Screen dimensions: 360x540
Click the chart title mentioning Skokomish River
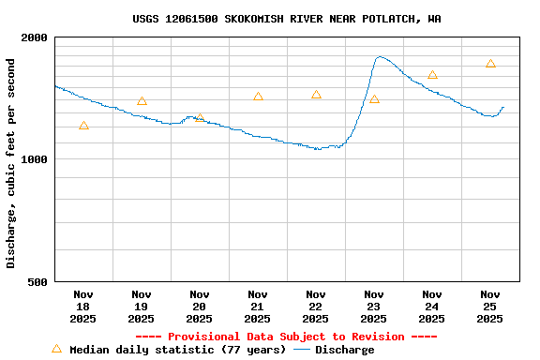tap(286, 19)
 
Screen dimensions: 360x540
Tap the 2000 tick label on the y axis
tap(35, 37)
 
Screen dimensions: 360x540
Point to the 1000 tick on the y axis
tap(35, 159)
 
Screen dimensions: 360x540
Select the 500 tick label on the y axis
tap(37, 281)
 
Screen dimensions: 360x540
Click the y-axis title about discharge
tap(11, 163)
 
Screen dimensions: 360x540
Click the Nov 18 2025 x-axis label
tap(83, 307)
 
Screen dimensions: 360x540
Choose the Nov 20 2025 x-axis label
tap(200, 307)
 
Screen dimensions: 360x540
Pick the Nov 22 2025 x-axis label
tap(316, 307)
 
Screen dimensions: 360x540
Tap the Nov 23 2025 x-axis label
tap(374, 307)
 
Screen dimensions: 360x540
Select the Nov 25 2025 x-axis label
tap(490, 307)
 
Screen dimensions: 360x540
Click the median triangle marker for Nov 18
tap(83, 126)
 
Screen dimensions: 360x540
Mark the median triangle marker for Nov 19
tap(142, 101)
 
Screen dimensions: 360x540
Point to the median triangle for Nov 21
tap(258, 97)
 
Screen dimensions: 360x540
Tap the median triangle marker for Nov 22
tap(316, 95)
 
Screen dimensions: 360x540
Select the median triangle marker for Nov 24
tap(432, 75)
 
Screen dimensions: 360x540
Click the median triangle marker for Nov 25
tap(490, 64)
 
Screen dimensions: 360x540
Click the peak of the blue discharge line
tap(379, 57)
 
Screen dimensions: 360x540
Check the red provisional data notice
tap(286, 337)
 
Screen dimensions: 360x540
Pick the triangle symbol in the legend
tap(56, 349)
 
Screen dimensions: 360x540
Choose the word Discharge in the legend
tap(344, 350)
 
